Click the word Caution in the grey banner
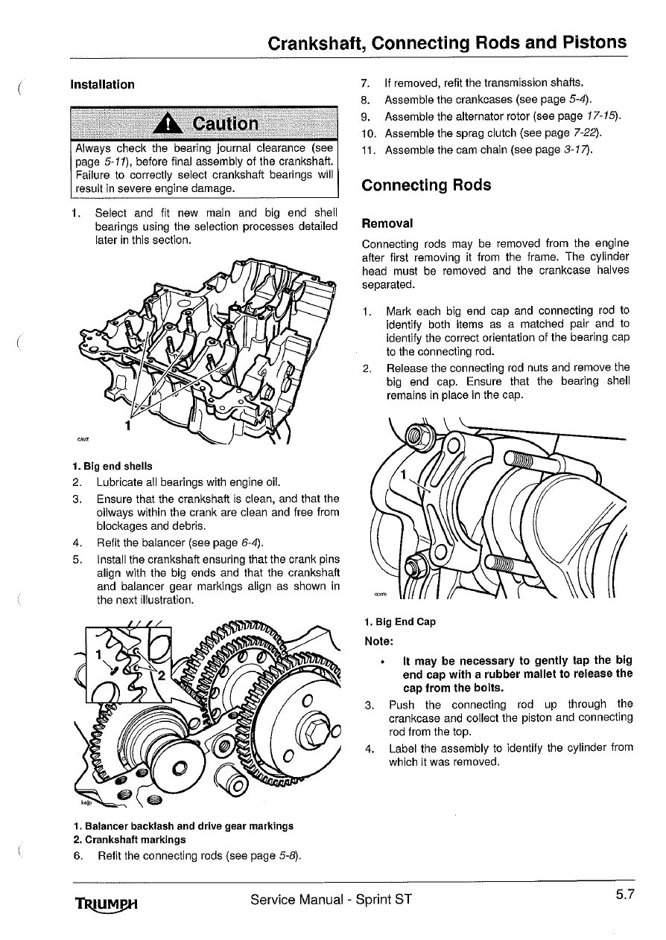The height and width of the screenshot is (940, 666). coord(225,124)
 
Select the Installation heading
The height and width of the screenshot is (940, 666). coord(102,84)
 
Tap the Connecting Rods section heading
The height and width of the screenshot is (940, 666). coord(425,185)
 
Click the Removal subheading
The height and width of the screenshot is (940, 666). coord(387,223)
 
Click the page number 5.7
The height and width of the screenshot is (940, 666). coord(624,895)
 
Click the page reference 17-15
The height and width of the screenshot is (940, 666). coord(600,116)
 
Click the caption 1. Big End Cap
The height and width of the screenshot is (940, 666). coord(400,621)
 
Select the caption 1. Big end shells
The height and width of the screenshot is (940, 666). coord(112,467)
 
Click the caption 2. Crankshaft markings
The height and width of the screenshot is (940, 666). coord(130,840)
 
